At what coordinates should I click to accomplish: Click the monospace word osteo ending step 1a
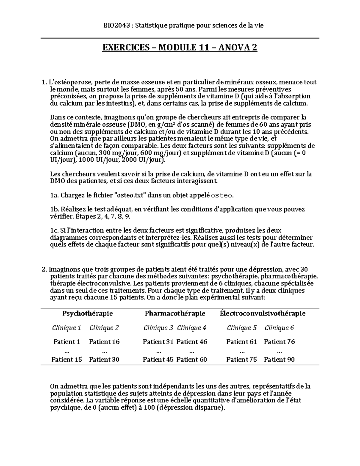click(x=222, y=196)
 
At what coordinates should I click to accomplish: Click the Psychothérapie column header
click(x=88, y=314)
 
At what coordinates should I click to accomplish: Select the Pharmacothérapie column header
click(x=175, y=314)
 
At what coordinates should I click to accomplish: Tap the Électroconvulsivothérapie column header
click(x=262, y=314)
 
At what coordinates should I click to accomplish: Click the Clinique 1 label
click(x=67, y=328)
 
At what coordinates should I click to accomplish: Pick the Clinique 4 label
click(x=192, y=328)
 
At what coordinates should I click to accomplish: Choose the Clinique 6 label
click(x=279, y=328)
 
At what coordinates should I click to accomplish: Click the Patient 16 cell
click(x=104, y=342)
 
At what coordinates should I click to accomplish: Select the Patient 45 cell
click(x=158, y=359)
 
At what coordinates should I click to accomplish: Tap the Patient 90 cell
click(x=279, y=359)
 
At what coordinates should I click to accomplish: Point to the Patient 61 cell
click(x=241, y=342)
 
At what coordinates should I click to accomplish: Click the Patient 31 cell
click(x=158, y=342)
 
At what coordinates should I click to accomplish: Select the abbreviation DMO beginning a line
click(x=56, y=181)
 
